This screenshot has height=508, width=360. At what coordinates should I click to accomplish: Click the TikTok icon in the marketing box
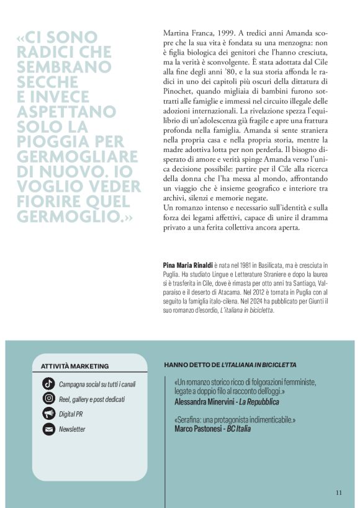click(x=48, y=383)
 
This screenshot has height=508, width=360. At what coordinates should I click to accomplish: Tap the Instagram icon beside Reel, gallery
click(x=48, y=399)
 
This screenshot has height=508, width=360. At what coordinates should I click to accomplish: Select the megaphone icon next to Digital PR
click(x=48, y=414)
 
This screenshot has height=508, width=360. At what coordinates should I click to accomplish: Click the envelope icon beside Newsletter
click(x=48, y=429)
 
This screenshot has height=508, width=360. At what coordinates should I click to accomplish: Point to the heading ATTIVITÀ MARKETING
click(x=74, y=367)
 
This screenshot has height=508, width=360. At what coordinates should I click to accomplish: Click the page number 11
click(x=339, y=493)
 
